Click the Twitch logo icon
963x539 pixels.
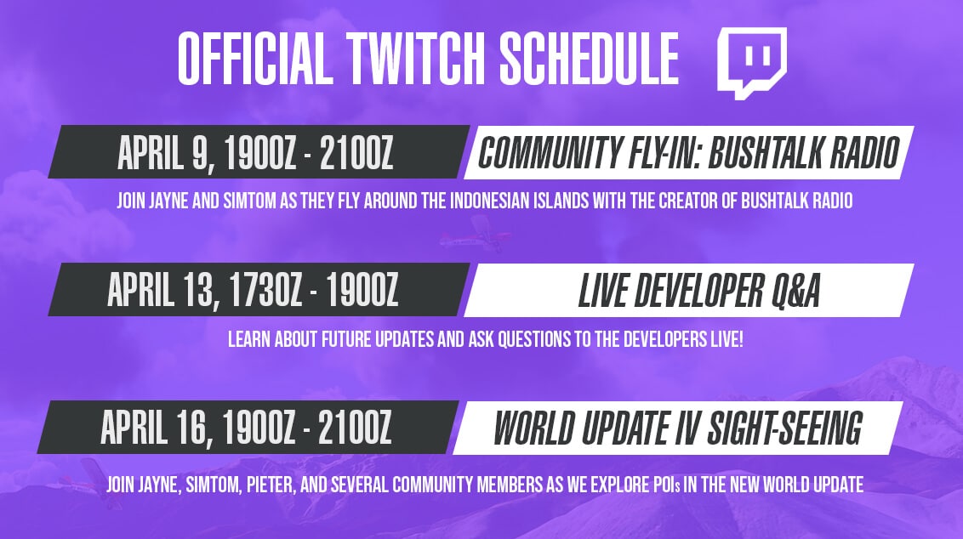(x=752, y=63)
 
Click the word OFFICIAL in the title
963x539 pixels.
(x=255, y=59)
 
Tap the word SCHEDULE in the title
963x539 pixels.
(x=590, y=59)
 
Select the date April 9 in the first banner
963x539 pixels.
(x=163, y=153)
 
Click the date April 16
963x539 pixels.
(x=157, y=428)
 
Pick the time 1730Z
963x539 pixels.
(x=266, y=290)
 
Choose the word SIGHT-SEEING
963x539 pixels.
(x=785, y=428)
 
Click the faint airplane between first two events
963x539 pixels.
(x=475, y=234)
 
